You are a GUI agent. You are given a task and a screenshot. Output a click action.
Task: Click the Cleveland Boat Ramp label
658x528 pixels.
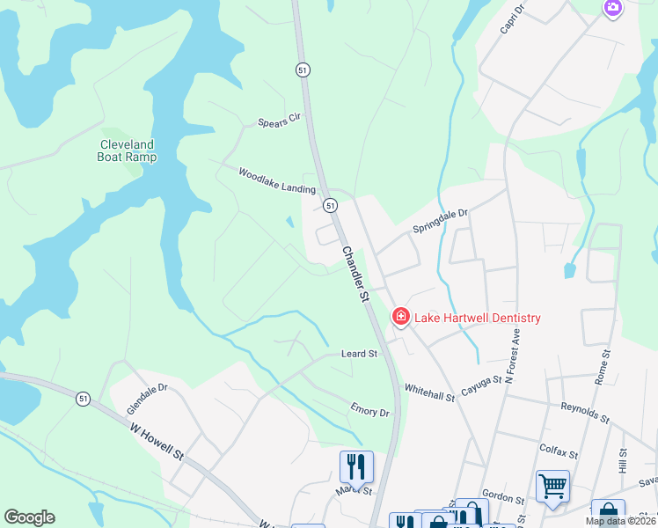(128, 150)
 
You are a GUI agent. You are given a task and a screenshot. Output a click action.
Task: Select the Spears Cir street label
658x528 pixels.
(280, 121)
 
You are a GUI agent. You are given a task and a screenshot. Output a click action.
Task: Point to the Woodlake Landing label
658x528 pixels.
(276, 183)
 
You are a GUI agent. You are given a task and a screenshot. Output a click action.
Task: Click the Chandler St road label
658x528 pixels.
(354, 275)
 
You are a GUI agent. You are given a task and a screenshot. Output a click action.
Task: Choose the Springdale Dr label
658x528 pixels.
(442, 220)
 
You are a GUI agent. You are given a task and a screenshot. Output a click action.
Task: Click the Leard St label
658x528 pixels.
(359, 354)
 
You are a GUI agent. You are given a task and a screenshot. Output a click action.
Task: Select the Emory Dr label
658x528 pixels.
(369, 411)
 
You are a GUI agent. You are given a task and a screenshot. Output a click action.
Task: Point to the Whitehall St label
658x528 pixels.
(428, 392)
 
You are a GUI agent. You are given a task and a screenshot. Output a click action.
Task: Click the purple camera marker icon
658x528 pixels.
(613, 8)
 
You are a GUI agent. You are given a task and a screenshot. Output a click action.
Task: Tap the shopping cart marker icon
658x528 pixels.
(552, 485)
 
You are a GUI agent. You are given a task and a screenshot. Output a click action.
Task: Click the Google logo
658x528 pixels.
(29, 517)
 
